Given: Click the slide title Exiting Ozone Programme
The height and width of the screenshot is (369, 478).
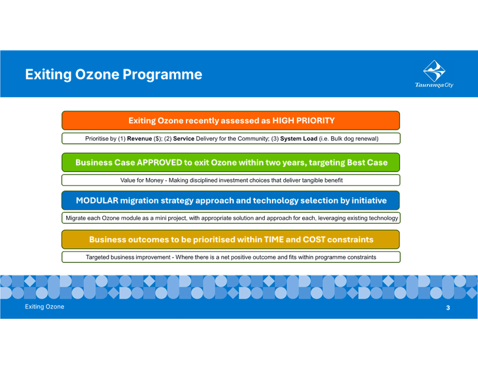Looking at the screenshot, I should tap(113, 75).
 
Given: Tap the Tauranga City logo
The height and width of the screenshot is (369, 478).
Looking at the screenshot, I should tap(434, 74).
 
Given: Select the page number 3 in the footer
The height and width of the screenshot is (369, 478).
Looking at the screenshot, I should tap(448, 308).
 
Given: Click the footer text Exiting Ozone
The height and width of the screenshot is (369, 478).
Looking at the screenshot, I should tap(44, 307).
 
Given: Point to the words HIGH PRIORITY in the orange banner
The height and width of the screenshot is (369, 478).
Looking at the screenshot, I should tap(303, 121).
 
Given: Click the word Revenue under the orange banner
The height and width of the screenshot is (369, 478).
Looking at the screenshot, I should tap(139, 139).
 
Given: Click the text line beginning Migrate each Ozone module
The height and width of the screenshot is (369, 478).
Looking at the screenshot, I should tap(231, 218).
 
